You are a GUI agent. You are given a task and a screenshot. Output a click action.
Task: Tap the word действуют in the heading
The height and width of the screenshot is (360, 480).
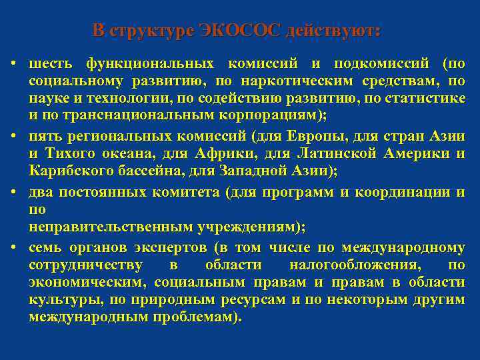pos(335,31)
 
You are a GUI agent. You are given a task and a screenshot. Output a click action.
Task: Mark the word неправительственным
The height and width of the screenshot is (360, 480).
pos(111,227)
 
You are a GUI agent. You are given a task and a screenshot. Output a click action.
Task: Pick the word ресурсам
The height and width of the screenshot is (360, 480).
pos(253,300)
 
